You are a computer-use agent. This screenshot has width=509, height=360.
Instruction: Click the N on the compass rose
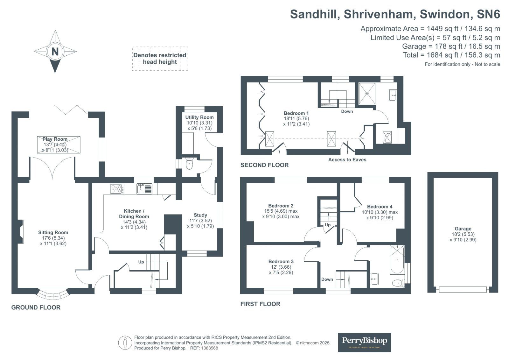(x=55, y=51)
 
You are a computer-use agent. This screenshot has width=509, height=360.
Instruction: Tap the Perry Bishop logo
(x=365, y=342)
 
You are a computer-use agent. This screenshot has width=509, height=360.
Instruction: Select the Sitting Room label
(x=53, y=232)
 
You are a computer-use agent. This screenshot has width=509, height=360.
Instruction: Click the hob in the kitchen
(x=117, y=189)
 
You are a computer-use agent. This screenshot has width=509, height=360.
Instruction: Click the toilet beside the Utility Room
(x=189, y=164)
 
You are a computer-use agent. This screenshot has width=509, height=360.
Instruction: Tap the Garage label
(x=463, y=229)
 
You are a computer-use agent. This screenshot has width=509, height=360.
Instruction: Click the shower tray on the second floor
(x=367, y=93)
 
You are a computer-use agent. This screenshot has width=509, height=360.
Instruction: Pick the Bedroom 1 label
(x=296, y=113)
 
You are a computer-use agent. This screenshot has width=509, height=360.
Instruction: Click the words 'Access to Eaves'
(x=347, y=159)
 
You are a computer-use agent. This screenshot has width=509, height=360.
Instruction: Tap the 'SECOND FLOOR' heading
(x=264, y=165)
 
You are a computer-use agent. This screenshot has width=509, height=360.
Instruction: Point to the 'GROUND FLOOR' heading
(x=36, y=307)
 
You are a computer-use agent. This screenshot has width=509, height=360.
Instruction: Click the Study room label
(x=200, y=215)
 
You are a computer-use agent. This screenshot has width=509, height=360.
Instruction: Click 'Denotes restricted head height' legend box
(x=160, y=59)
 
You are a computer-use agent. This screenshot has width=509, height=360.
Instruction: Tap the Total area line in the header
(x=451, y=55)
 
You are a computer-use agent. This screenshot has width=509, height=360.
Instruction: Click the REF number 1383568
(x=208, y=348)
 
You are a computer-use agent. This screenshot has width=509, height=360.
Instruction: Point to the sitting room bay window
(x=53, y=294)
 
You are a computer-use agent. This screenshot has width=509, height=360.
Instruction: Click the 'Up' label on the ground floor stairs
(x=141, y=262)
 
